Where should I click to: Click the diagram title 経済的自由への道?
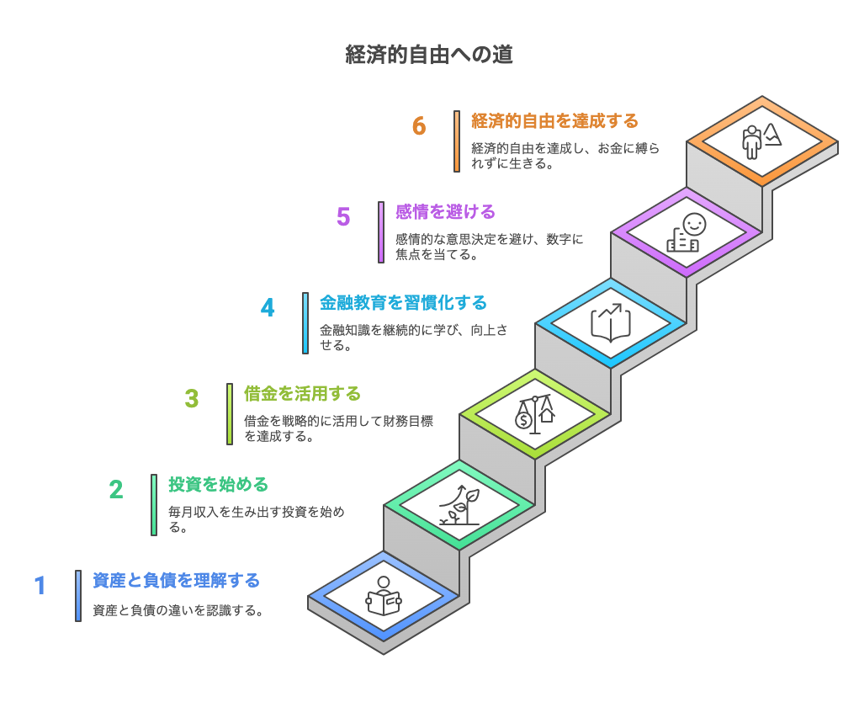coord(429,55)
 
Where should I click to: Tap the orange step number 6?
coord(419,126)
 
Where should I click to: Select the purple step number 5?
coord(343,217)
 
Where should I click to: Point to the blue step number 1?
coord(40,585)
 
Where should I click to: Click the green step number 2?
coord(116,489)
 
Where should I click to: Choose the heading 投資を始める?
coord(218,485)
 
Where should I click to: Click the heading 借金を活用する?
coord(302,393)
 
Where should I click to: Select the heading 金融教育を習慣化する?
coord(403,302)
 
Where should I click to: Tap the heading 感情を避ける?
coord(445,211)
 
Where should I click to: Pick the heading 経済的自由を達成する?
coord(555,120)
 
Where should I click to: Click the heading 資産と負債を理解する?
coord(177,580)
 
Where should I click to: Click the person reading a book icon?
coord(384,596)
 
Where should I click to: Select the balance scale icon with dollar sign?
coord(535,414)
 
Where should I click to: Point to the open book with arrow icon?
coord(611,322)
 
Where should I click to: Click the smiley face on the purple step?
coord(694,224)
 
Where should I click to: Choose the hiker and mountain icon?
coord(762,141)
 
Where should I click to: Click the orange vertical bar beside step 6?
coord(457,141)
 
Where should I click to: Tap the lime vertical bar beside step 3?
coord(230,414)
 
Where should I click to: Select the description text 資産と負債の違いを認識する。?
coord(178,610)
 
